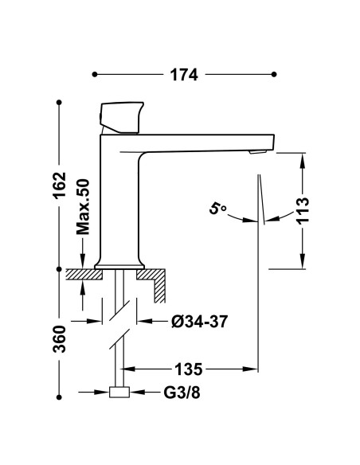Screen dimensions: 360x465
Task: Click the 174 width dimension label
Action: click(183, 75)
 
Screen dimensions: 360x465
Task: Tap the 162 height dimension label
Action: click(59, 185)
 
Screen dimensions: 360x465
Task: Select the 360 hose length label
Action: click(59, 339)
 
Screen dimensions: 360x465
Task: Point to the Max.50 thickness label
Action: click(83, 207)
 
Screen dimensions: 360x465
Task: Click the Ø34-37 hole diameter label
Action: click(200, 321)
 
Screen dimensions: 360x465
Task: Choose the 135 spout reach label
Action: click(188, 369)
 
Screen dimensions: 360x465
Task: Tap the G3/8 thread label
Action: click(182, 393)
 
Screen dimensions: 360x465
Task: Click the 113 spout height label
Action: click(303, 210)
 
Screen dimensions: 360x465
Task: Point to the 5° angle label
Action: click(217, 209)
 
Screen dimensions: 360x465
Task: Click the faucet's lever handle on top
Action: click(121, 118)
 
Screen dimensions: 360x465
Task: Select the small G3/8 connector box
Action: click(119, 392)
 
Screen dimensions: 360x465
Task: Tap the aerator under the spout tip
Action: click(258, 152)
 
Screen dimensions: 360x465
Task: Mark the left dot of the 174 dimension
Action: click(95, 74)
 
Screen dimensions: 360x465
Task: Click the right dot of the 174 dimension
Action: click(274, 74)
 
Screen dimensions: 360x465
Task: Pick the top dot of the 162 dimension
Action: click(59, 102)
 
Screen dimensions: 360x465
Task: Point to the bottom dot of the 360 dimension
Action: click(59, 397)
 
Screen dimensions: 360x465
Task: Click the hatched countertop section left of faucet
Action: click(84, 275)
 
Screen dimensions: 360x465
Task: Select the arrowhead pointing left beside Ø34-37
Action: click(144, 321)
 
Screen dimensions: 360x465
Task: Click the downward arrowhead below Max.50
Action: click(83, 261)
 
